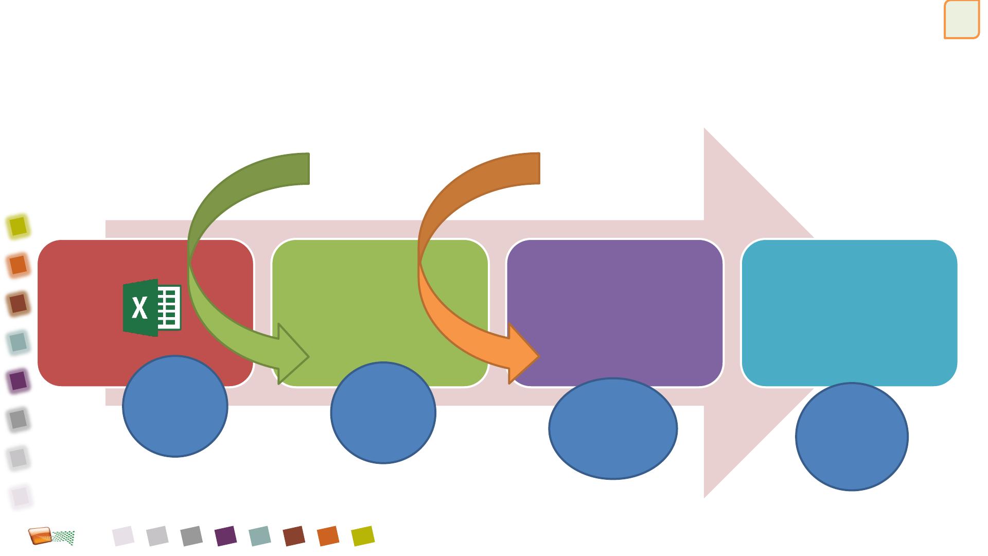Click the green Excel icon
pos(152,308)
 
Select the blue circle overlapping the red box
pos(175,406)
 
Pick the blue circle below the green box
pos(383,412)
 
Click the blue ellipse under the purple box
pos(613,429)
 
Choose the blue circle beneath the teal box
pos(852,437)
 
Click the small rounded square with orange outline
pos(961,20)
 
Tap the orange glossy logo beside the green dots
pos(40,536)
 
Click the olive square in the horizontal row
pos(363,536)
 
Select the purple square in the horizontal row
pos(226,536)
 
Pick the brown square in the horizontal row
pos(294,536)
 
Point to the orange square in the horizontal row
pos(328,536)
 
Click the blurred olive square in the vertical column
pos(18,226)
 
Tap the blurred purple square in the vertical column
pos(18,381)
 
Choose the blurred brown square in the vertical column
pos(18,304)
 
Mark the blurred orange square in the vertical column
pos(18,265)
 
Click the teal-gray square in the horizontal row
pos(260,536)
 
